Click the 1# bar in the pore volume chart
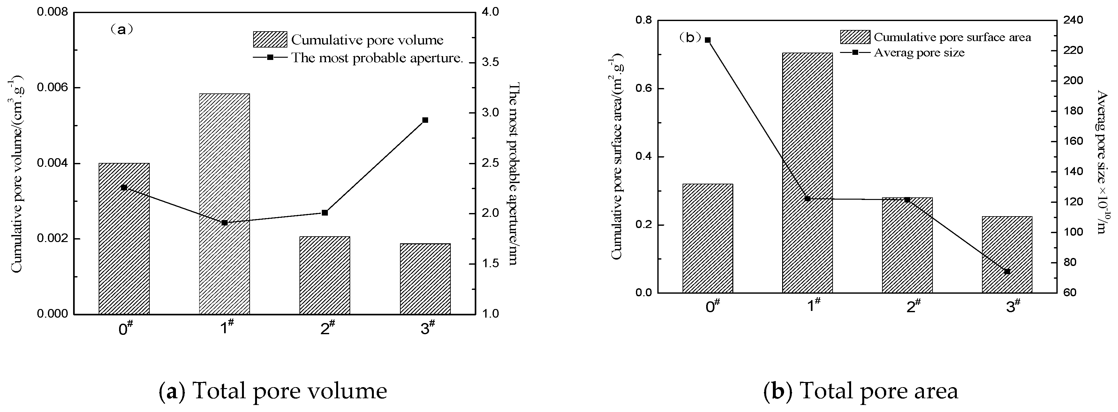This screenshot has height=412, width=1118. (x=224, y=204)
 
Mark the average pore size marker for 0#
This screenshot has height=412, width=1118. (x=708, y=40)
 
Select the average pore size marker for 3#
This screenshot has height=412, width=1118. (x=1007, y=271)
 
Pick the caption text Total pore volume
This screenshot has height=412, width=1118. (x=273, y=390)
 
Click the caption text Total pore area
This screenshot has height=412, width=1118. (x=861, y=390)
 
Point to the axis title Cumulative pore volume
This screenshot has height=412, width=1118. (x=17, y=173)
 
